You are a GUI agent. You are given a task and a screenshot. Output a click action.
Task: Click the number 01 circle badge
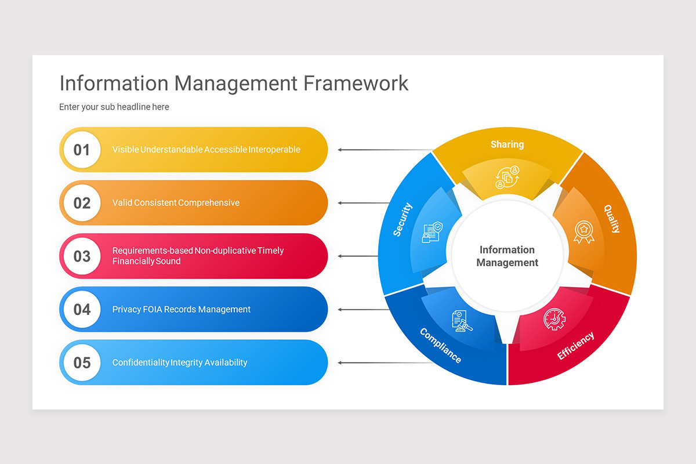point(82,150)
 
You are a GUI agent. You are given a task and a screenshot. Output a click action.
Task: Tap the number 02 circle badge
point(82,203)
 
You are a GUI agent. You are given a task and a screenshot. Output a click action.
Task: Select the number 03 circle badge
point(82,256)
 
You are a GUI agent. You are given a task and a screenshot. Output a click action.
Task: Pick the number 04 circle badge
point(82,310)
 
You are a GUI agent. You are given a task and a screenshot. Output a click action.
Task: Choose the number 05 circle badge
point(82,363)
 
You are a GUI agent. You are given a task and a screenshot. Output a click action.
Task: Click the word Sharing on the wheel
point(507,144)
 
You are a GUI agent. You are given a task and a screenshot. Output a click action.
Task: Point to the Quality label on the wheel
point(611,219)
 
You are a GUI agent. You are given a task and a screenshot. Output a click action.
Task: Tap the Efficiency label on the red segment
point(575,346)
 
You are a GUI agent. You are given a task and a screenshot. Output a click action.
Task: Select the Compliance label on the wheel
point(440,346)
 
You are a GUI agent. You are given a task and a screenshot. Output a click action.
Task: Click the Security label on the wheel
point(402,219)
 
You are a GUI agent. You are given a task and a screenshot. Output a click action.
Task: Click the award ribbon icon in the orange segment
point(583,231)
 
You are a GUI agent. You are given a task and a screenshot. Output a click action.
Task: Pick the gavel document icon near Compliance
point(462,321)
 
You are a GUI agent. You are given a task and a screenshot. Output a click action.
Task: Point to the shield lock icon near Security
point(431,232)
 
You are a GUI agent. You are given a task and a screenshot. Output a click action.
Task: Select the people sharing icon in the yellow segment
point(507,177)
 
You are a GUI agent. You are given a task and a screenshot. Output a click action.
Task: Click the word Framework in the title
point(356,83)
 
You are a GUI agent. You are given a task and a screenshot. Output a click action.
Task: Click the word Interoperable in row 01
point(274,150)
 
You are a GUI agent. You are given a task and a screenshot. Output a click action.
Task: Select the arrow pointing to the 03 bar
point(357,256)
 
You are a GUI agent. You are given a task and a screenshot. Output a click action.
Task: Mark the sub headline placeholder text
point(114,107)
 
